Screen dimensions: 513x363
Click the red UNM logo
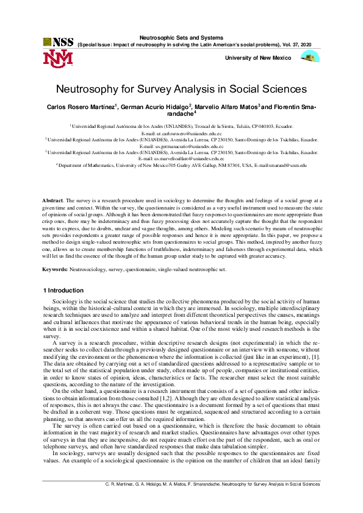pyautogui.click(x=58, y=58)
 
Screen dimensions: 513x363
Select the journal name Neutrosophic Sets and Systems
pyautogui.click(x=181, y=37)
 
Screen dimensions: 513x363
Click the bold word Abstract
pyautogui.click(x=52, y=200)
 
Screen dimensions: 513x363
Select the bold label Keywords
pyautogui.click(x=54, y=269)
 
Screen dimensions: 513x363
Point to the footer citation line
pyautogui.click(x=209, y=501)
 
